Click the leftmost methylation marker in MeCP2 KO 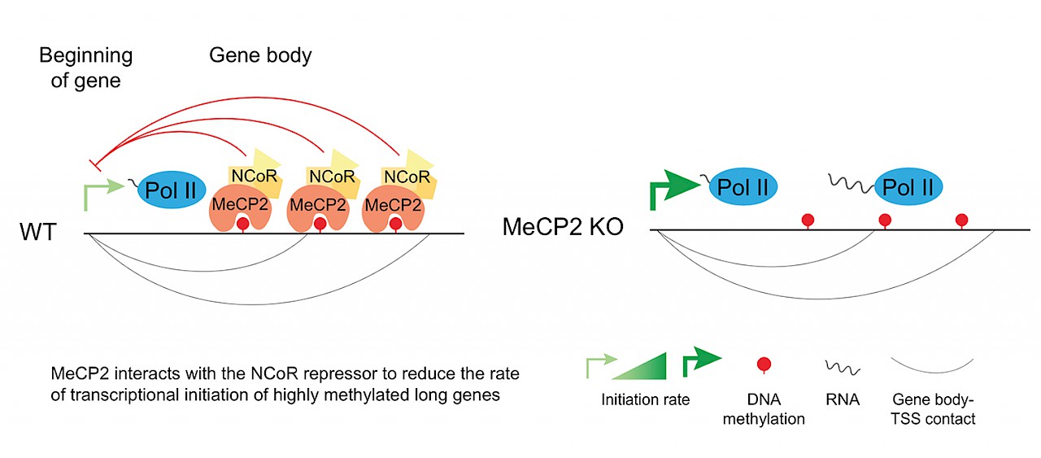click(x=807, y=220)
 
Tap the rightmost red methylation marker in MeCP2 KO click(x=961, y=220)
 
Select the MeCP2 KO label click(x=563, y=227)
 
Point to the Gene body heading click(x=260, y=55)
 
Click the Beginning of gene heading click(x=87, y=68)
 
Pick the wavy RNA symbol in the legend click(x=842, y=366)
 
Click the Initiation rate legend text click(x=645, y=399)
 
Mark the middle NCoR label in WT click(x=331, y=177)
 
